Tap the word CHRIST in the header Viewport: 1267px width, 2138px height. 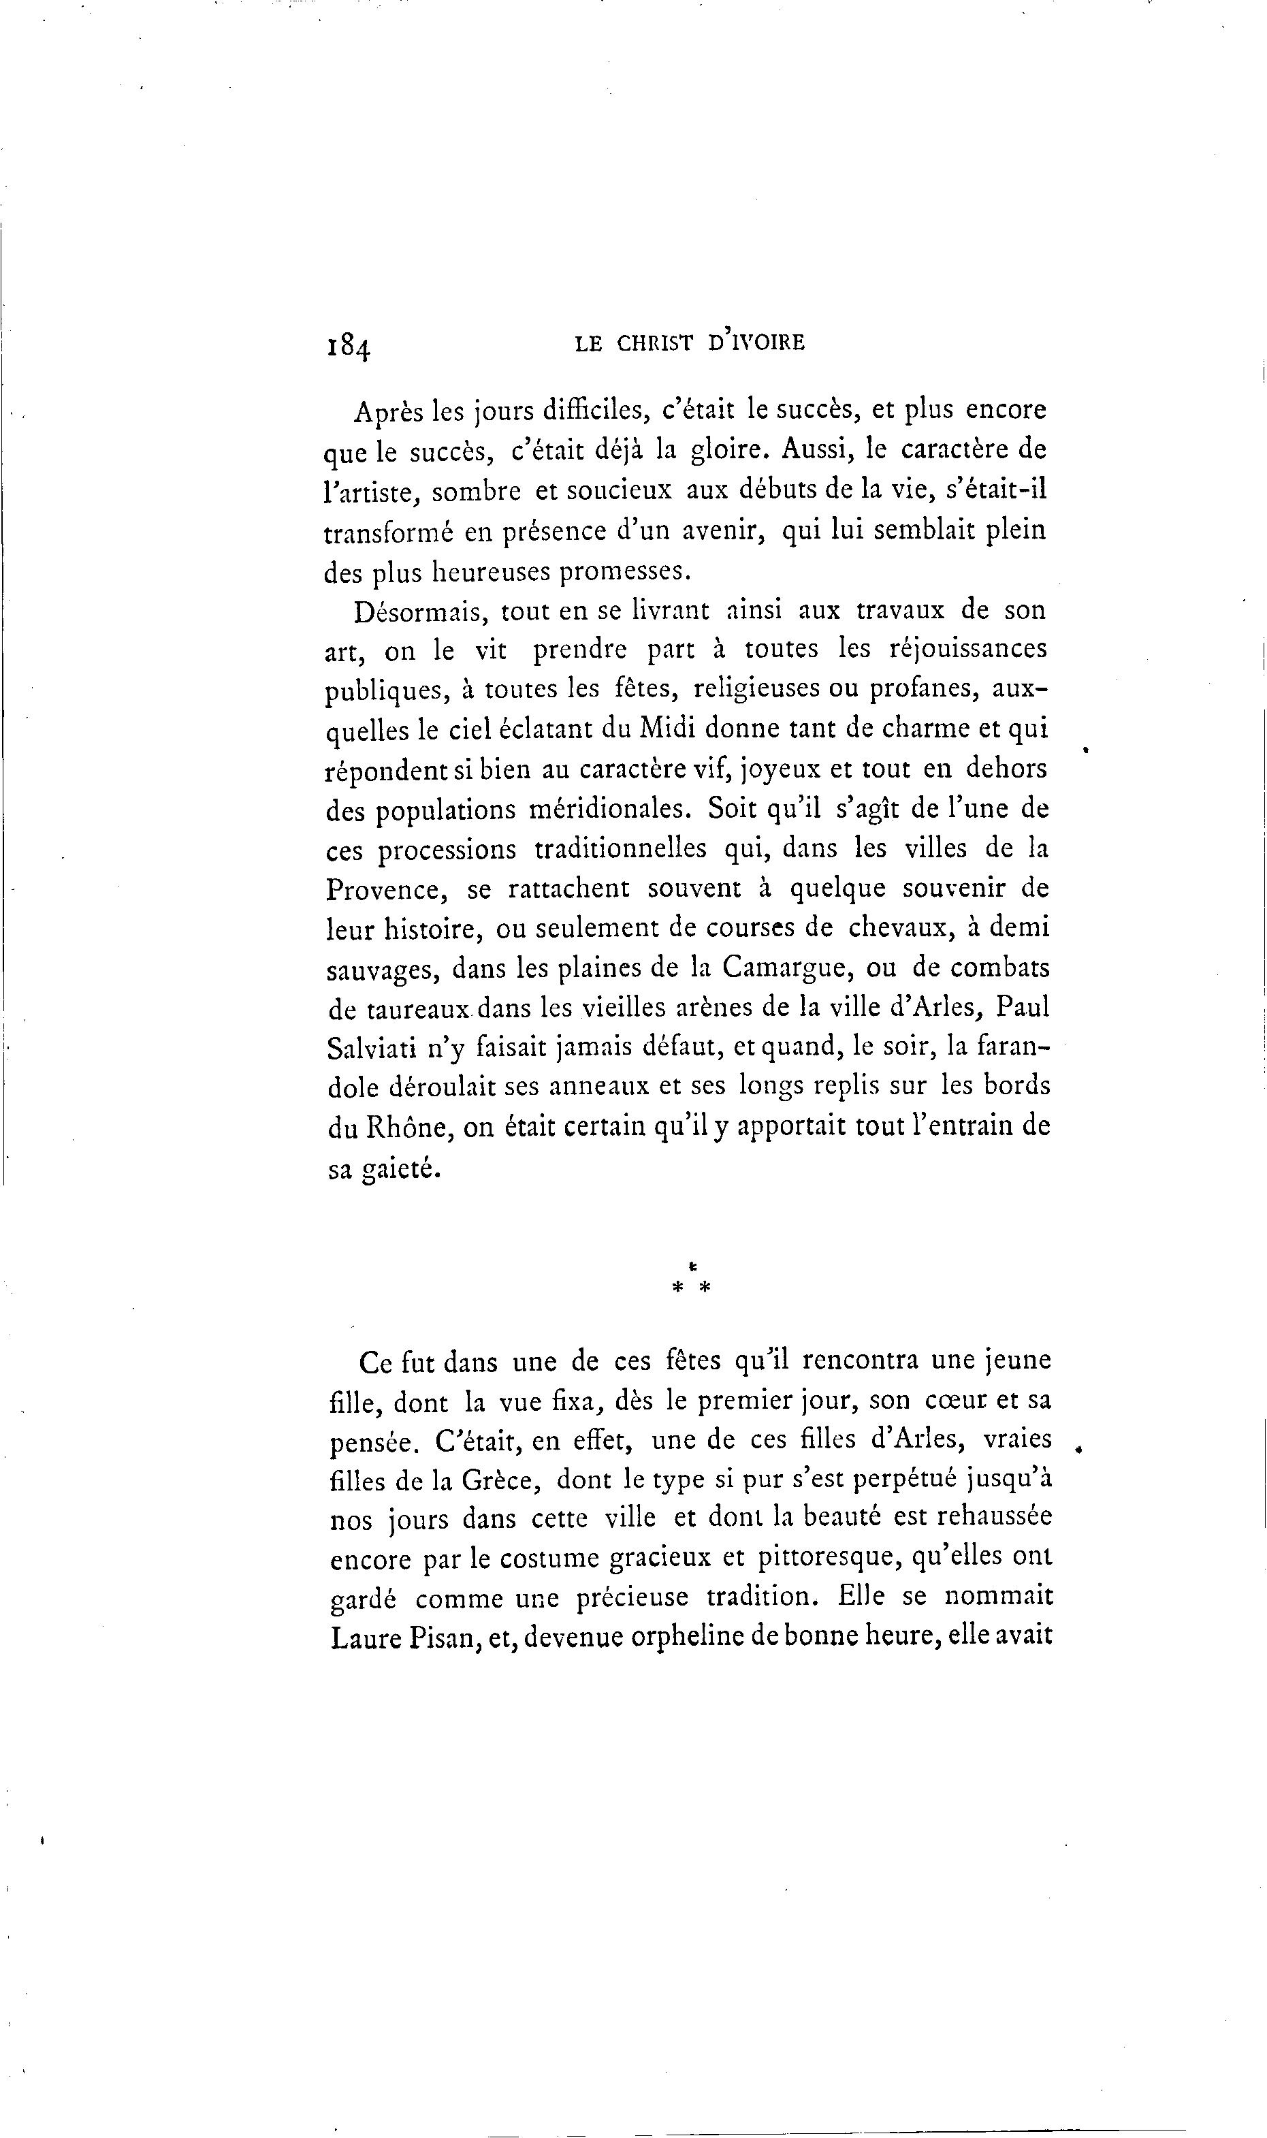656,343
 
